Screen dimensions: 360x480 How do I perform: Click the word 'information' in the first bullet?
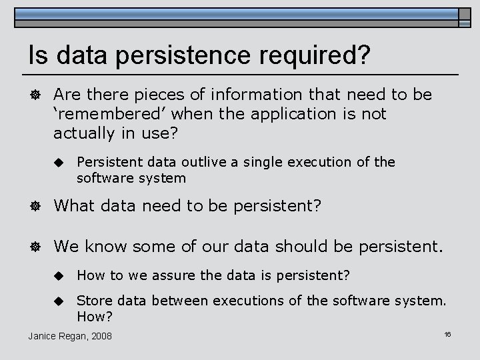(258, 95)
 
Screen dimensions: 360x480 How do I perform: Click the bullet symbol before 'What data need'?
(35, 207)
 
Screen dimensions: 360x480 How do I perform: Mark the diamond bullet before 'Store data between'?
(58, 301)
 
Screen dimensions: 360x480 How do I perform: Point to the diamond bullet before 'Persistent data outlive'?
(58, 163)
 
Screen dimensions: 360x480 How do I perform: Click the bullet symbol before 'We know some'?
(35, 247)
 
